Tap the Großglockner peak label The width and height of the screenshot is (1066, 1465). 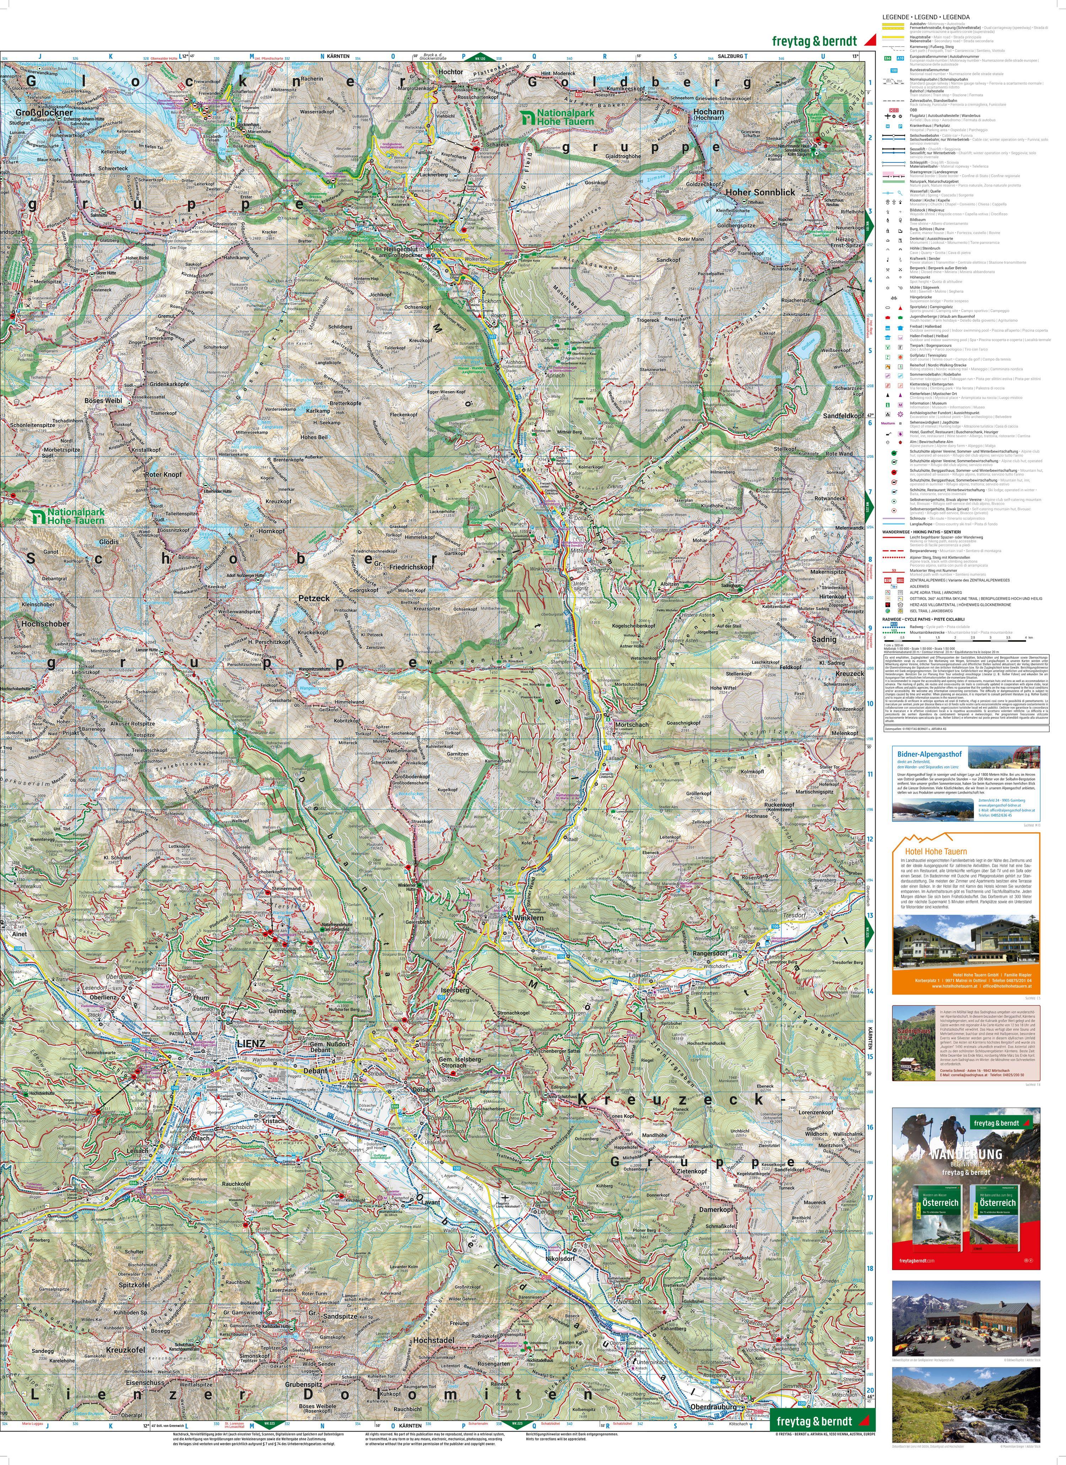tap(33, 112)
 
